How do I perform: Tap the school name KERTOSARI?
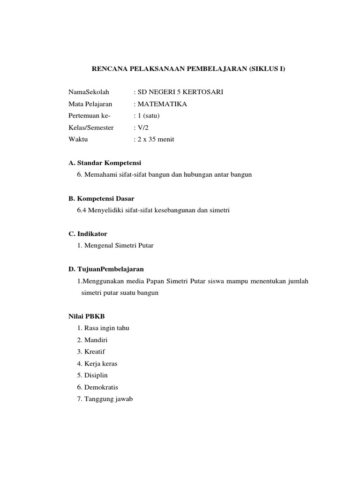(204, 92)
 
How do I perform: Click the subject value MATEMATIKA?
(162, 104)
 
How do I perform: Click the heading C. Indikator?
(88, 233)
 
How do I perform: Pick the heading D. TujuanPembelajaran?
(106, 269)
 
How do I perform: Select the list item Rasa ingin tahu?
(106, 328)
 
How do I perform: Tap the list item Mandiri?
(96, 340)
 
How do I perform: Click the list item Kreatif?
(95, 352)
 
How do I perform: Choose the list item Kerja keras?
(101, 364)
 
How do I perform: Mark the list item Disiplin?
(96, 375)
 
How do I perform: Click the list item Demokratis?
(101, 387)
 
